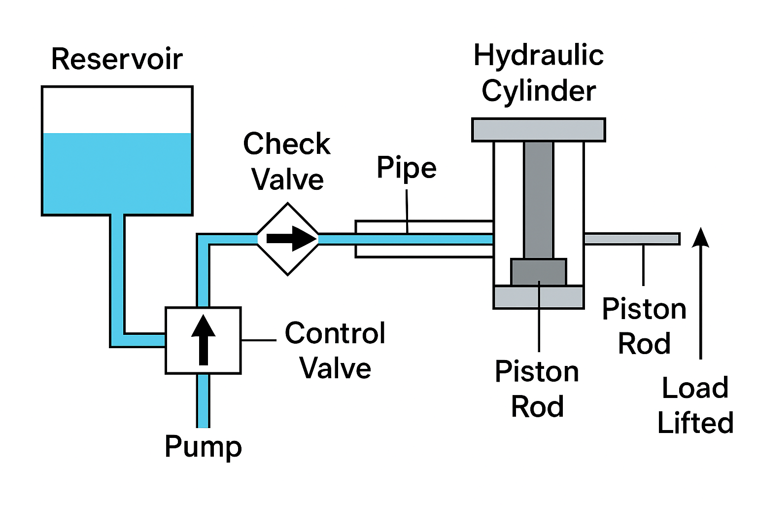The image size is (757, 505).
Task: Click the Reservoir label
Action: (x=117, y=59)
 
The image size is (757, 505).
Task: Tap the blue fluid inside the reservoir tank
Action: (x=117, y=173)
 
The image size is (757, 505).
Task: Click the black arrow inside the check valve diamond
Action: (x=292, y=239)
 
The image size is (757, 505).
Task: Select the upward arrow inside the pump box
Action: (x=203, y=340)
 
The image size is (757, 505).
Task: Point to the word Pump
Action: (x=203, y=447)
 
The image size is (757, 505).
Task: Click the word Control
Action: (x=335, y=333)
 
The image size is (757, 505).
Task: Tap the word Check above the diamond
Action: (x=286, y=144)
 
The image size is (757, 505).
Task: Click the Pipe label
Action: (x=407, y=168)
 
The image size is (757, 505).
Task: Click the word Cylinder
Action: (x=539, y=91)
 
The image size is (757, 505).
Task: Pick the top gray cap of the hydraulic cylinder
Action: (x=539, y=130)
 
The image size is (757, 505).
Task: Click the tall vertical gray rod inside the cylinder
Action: (x=539, y=200)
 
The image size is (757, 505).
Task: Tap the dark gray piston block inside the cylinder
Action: (x=539, y=272)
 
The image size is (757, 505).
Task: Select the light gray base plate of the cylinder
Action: (x=539, y=297)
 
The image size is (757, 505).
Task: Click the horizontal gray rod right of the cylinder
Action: (x=632, y=239)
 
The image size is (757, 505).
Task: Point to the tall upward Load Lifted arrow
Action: (x=700, y=293)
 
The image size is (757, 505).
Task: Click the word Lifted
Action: (x=695, y=423)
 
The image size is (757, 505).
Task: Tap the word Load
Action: (x=695, y=388)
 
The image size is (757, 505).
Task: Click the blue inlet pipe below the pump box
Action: (x=203, y=401)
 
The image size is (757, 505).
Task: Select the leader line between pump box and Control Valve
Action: (x=259, y=340)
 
